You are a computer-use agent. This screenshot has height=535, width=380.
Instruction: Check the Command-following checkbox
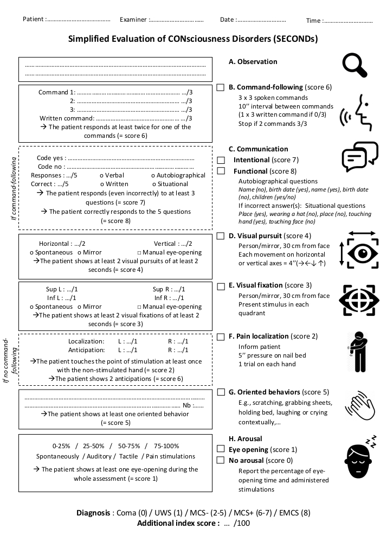pyautogui.click(x=221, y=87)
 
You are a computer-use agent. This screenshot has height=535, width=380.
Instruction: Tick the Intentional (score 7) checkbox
pyautogui.click(x=221, y=160)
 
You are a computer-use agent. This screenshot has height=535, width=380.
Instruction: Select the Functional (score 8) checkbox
pyautogui.click(x=221, y=171)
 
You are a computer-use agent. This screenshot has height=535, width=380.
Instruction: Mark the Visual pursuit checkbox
pyautogui.click(x=221, y=236)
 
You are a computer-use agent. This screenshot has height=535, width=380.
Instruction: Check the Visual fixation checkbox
pyautogui.click(x=221, y=286)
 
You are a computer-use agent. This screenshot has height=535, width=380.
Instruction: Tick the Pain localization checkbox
pyautogui.click(x=221, y=337)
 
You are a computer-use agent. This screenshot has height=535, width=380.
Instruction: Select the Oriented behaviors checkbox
pyautogui.click(x=221, y=392)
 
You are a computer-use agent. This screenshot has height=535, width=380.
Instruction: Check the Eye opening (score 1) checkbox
pyautogui.click(x=221, y=449)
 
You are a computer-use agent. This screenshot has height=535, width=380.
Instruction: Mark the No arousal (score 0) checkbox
pyautogui.click(x=221, y=460)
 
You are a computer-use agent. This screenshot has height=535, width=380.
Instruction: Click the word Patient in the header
pyautogui.click(x=33, y=20)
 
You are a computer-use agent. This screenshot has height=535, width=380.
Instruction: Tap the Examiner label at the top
pyautogui.click(x=133, y=20)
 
